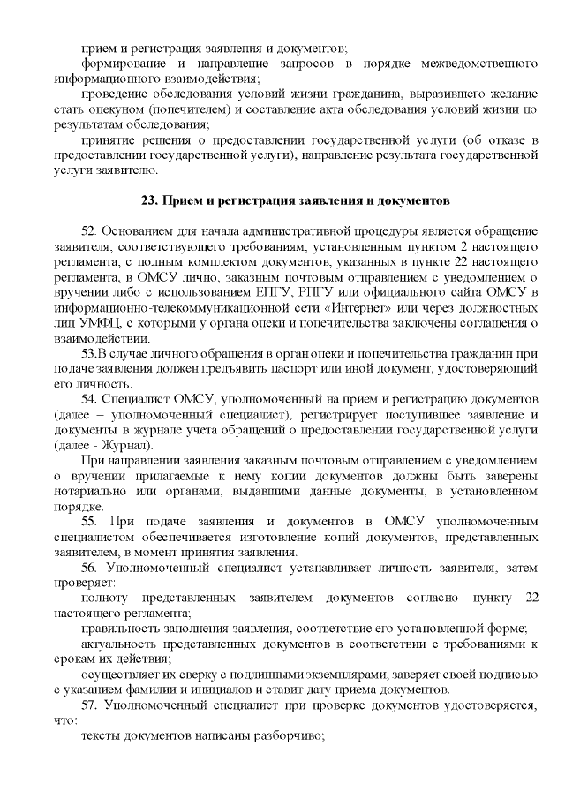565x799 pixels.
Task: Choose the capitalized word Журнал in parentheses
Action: [x=133, y=445]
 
